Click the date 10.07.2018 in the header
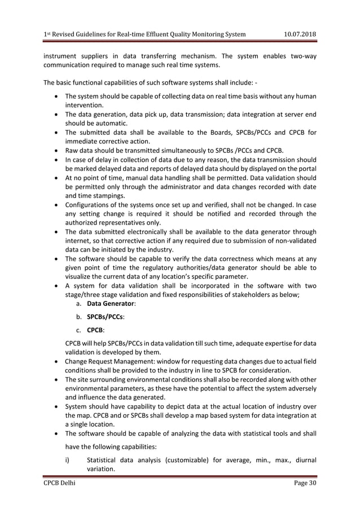point(299,34)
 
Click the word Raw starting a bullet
point(73,151)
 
